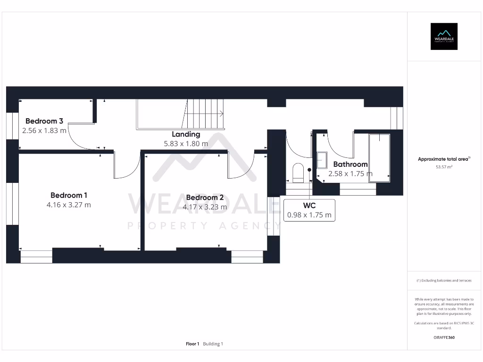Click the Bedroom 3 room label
click(x=44, y=121)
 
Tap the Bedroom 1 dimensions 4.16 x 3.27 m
click(x=69, y=205)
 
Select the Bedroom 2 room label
click(x=205, y=197)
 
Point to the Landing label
click(x=186, y=134)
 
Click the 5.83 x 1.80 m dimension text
click(x=186, y=144)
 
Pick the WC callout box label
click(x=309, y=206)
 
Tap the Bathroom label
click(x=350, y=164)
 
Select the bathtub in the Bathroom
click(x=379, y=156)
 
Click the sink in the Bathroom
click(x=323, y=160)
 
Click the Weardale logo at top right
click(x=444, y=36)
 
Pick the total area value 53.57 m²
click(x=444, y=167)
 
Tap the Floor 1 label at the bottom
click(x=192, y=344)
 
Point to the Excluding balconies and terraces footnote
click(x=444, y=280)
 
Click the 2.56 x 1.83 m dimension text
click(x=44, y=130)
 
